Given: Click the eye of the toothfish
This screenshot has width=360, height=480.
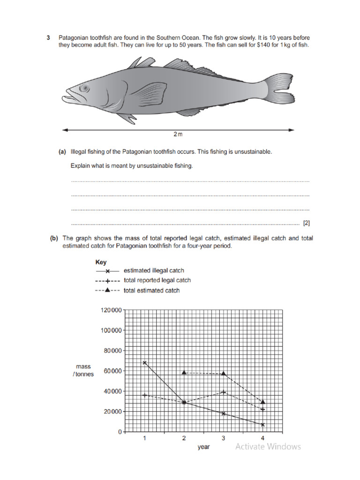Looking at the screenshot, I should pyautogui.click(x=84, y=88).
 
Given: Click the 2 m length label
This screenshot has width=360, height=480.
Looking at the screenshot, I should pyautogui.click(x=178, y=135).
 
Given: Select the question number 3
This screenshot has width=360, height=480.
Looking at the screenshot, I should pyautogui.click(x=48, y=37).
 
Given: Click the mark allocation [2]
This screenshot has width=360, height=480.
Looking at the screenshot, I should pyautogui.click(x=307, y=223).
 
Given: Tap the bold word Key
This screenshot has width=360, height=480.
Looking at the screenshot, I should pyautogui.click(x=101, y=262).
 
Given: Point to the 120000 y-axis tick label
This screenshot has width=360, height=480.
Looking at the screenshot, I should pyautogui.click(x=111, y=310).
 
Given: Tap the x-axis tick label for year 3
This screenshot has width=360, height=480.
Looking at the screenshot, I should pyautogui.click(x=223, y=438).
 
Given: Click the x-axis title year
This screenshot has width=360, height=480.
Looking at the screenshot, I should pyautogui.click(x=203, y=447).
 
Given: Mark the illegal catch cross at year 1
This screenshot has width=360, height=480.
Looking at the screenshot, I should pyautogui.click(x=145, y=362).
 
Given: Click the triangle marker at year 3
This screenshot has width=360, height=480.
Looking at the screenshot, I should pyautogui.click(x=224, y=374).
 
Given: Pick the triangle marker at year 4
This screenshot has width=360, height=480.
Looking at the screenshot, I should pyautogui.click(x=263, y=402).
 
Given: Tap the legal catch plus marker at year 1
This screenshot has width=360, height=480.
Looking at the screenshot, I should pyautogui.click(x=145, y=395).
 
